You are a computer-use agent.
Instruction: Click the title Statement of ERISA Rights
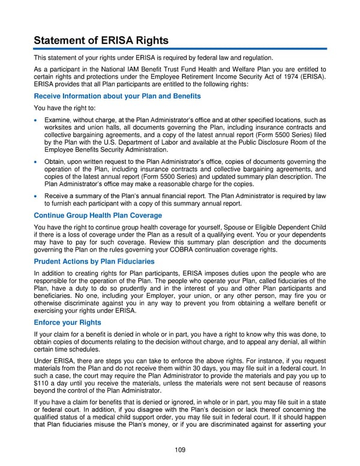point(101,41)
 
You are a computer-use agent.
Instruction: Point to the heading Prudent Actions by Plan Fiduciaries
point(94,262)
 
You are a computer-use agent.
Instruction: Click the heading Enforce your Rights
point(67,322)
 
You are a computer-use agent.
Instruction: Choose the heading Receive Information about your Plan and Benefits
point(117,96)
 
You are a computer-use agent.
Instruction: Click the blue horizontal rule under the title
point(179,49)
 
